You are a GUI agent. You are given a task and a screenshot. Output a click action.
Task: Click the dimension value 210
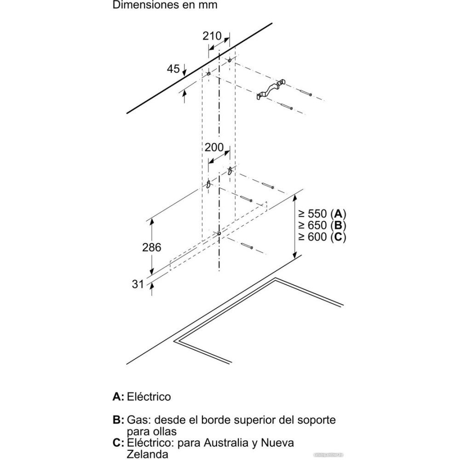tap(212, 36)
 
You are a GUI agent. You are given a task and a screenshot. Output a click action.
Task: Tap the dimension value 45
tap(173, 69)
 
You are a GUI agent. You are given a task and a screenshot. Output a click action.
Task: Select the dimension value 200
tap(214, 148)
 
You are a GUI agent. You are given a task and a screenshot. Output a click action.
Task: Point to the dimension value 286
tap(151, 247)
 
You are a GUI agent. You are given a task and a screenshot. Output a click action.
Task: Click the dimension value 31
tap(138, 284)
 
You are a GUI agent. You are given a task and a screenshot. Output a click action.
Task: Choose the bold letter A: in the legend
tap(118, 397)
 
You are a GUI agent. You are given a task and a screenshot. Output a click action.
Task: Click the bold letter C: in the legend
tap(118, 443)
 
